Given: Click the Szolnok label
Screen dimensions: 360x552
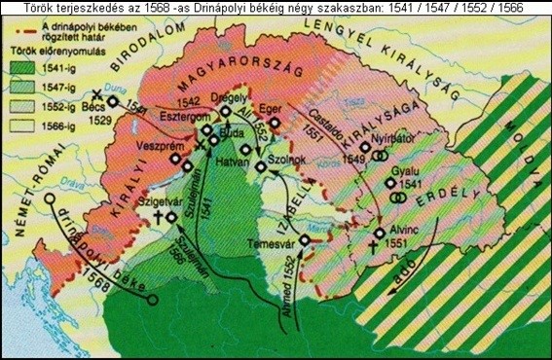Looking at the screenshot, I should [288, 158].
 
